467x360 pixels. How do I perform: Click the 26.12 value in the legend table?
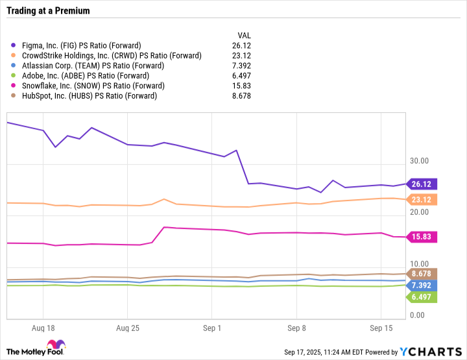point(242,45)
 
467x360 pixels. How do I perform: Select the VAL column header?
point(244,35)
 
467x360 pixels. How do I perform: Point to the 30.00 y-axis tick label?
point(419,161)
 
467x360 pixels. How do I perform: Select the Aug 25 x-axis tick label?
point(128,328)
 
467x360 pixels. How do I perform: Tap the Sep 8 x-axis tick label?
point(296,328)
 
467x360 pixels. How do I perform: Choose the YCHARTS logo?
point(430,351)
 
